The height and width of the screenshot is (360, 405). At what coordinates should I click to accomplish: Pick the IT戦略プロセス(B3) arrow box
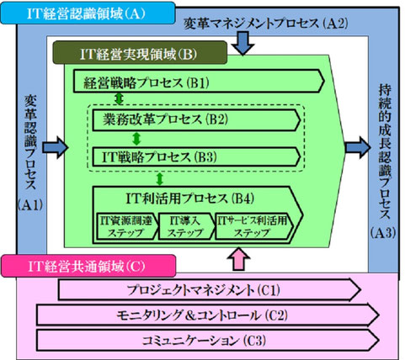tap(195, 156)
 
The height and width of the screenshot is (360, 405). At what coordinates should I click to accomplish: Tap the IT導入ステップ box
tap(187, 225)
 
